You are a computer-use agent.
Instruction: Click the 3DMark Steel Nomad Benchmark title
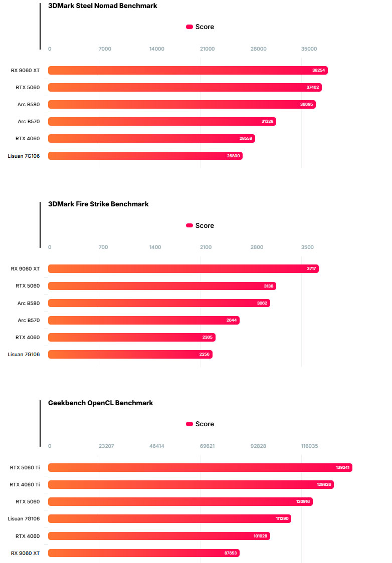coord(102,6)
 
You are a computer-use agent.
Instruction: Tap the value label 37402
coord(312,88)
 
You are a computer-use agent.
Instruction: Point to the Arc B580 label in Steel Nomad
coord(29,105)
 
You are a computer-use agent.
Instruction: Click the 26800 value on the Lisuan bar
coord(234,156)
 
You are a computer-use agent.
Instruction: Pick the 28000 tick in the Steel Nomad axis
coord(258,49)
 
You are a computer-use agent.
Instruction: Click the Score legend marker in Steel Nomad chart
coord(189,27)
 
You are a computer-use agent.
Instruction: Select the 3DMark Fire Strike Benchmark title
coord(98,204)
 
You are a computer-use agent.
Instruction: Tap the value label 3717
coord(311,269)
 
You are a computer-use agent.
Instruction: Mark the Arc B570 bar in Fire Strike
coord(143,320)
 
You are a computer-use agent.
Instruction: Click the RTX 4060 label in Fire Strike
coord(28,337)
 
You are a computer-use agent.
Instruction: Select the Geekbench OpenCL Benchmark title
coord(100,403)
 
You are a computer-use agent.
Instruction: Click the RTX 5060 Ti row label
coord(25,468)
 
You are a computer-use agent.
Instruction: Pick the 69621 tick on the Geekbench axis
coord(207,446)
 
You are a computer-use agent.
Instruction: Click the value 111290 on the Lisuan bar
coord(282,519)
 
